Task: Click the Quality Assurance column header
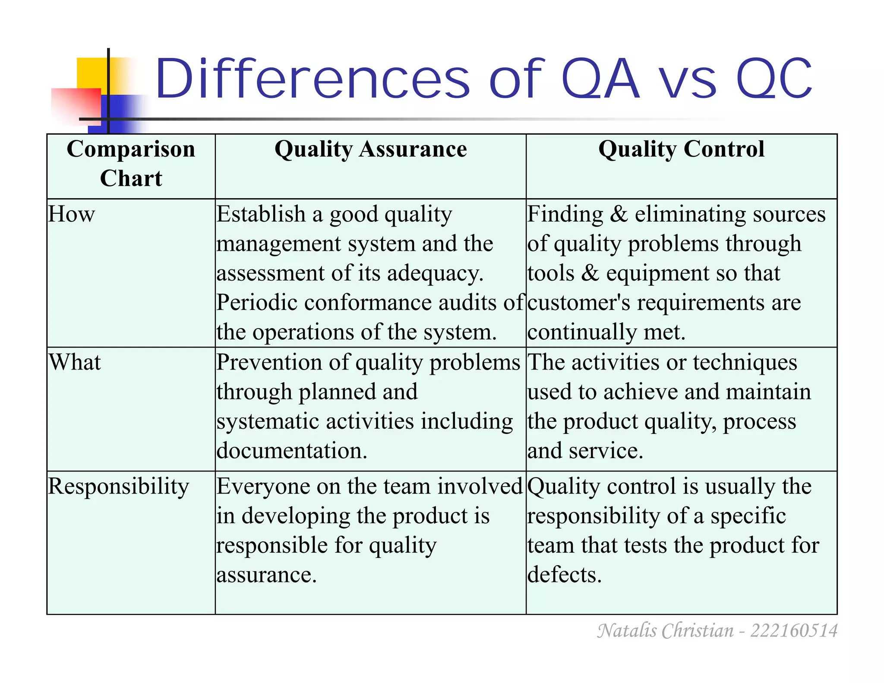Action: coord(370,149)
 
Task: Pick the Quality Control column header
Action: coord(681,149)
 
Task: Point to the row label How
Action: coord(71,214)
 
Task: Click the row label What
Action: coord(75,362)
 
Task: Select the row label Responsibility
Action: coord(118,487)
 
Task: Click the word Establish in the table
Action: coord(261,214)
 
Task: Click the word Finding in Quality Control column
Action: coord(565,214)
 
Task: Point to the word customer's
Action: coord(578,303)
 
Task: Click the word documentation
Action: coord(292,451)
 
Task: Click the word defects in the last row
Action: coord(564,575)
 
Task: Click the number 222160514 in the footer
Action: coord(793,631)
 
